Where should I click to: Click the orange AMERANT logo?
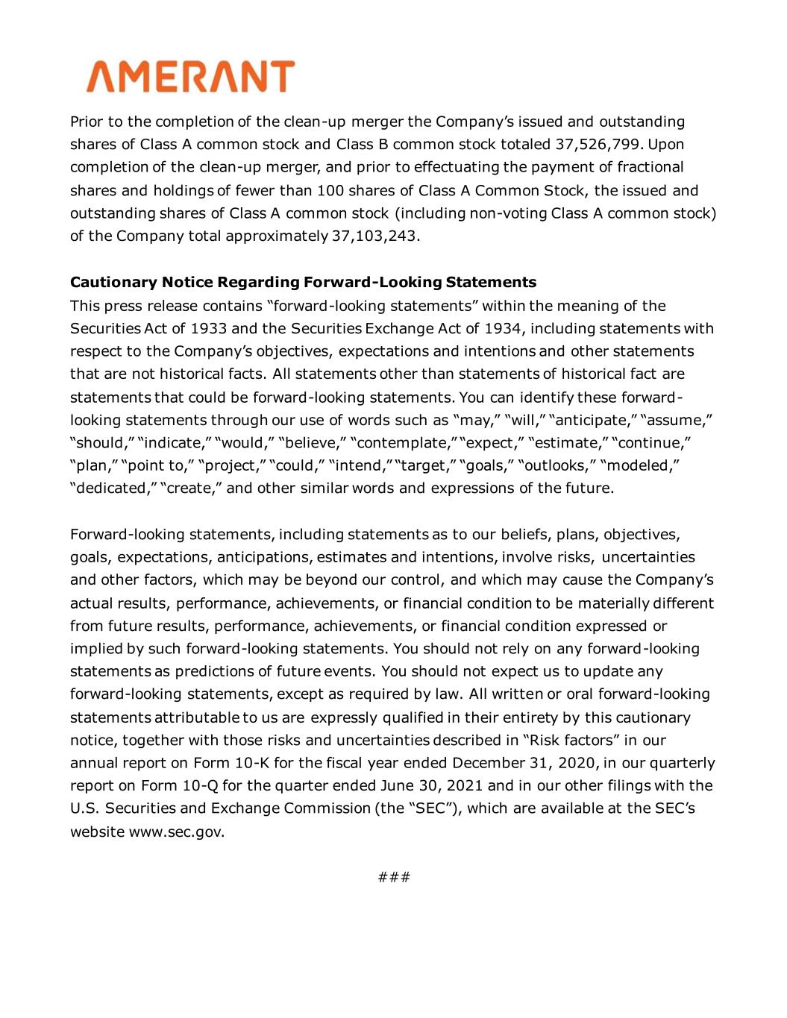[x=190, y=77]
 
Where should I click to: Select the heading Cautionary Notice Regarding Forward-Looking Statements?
[x=303, y=283]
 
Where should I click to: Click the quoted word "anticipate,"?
[x=592, y=420]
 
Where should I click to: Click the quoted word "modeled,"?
[x=641, y=466]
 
